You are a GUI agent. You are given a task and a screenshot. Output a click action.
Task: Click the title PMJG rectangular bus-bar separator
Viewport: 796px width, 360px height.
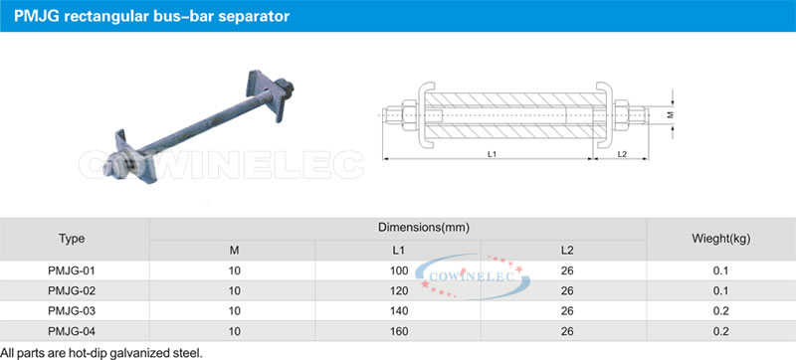[152, 16]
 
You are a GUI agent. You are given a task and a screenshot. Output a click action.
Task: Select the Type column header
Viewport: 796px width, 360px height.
[72, 239]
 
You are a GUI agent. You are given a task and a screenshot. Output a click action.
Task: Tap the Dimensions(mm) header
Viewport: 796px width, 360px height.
[424, 228]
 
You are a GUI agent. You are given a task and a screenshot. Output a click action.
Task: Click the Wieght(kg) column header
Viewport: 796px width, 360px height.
[720, 239]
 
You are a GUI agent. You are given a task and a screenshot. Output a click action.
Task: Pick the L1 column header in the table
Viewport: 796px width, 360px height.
[399, 250]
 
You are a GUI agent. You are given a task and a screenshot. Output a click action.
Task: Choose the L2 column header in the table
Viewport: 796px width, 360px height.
[567, 250]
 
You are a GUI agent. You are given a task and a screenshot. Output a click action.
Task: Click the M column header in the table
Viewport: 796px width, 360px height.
[235, 250]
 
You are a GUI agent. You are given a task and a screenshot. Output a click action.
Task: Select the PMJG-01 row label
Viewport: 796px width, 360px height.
[72, 270]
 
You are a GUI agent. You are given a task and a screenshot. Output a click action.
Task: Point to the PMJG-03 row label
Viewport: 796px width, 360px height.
[72, 311]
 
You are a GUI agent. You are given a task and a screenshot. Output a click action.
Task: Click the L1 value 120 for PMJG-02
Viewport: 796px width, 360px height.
[400, 291]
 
